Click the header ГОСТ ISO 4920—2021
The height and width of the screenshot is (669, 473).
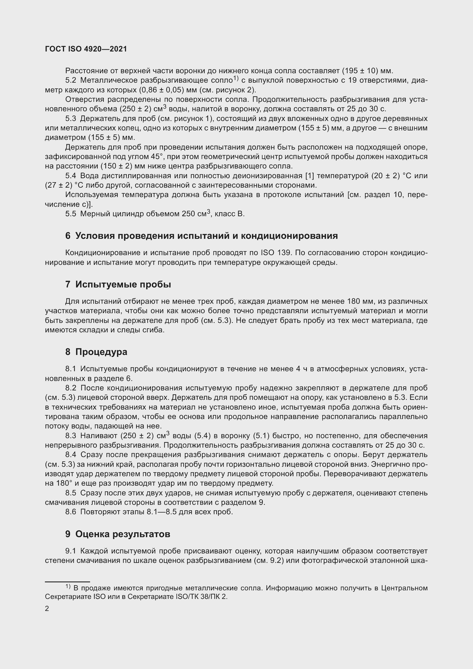pos(86,49)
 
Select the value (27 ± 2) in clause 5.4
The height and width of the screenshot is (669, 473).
pos(58,185)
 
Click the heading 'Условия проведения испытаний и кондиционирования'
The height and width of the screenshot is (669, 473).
pos(206,236)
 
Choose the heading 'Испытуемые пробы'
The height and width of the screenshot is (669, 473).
pos(123,284)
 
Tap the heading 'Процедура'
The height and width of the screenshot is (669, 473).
pos(101,352)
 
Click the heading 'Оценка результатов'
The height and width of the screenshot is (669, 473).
pos(123,534)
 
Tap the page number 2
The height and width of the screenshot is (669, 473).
pos(47,609)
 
